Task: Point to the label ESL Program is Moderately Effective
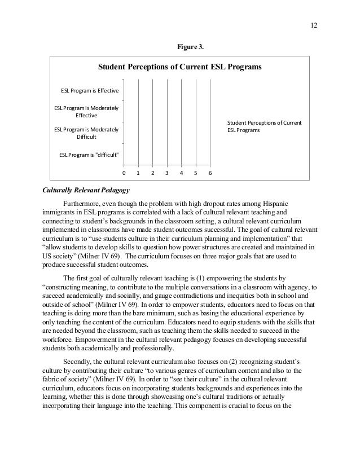(86, 111)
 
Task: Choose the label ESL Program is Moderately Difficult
(86, 133)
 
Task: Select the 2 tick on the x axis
(153, 173)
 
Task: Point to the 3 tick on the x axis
(167, 173)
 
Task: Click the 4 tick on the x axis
(181, 173)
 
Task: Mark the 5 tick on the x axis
(195, 173)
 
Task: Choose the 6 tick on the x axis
(210, 173)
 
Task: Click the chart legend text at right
(264, 126)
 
